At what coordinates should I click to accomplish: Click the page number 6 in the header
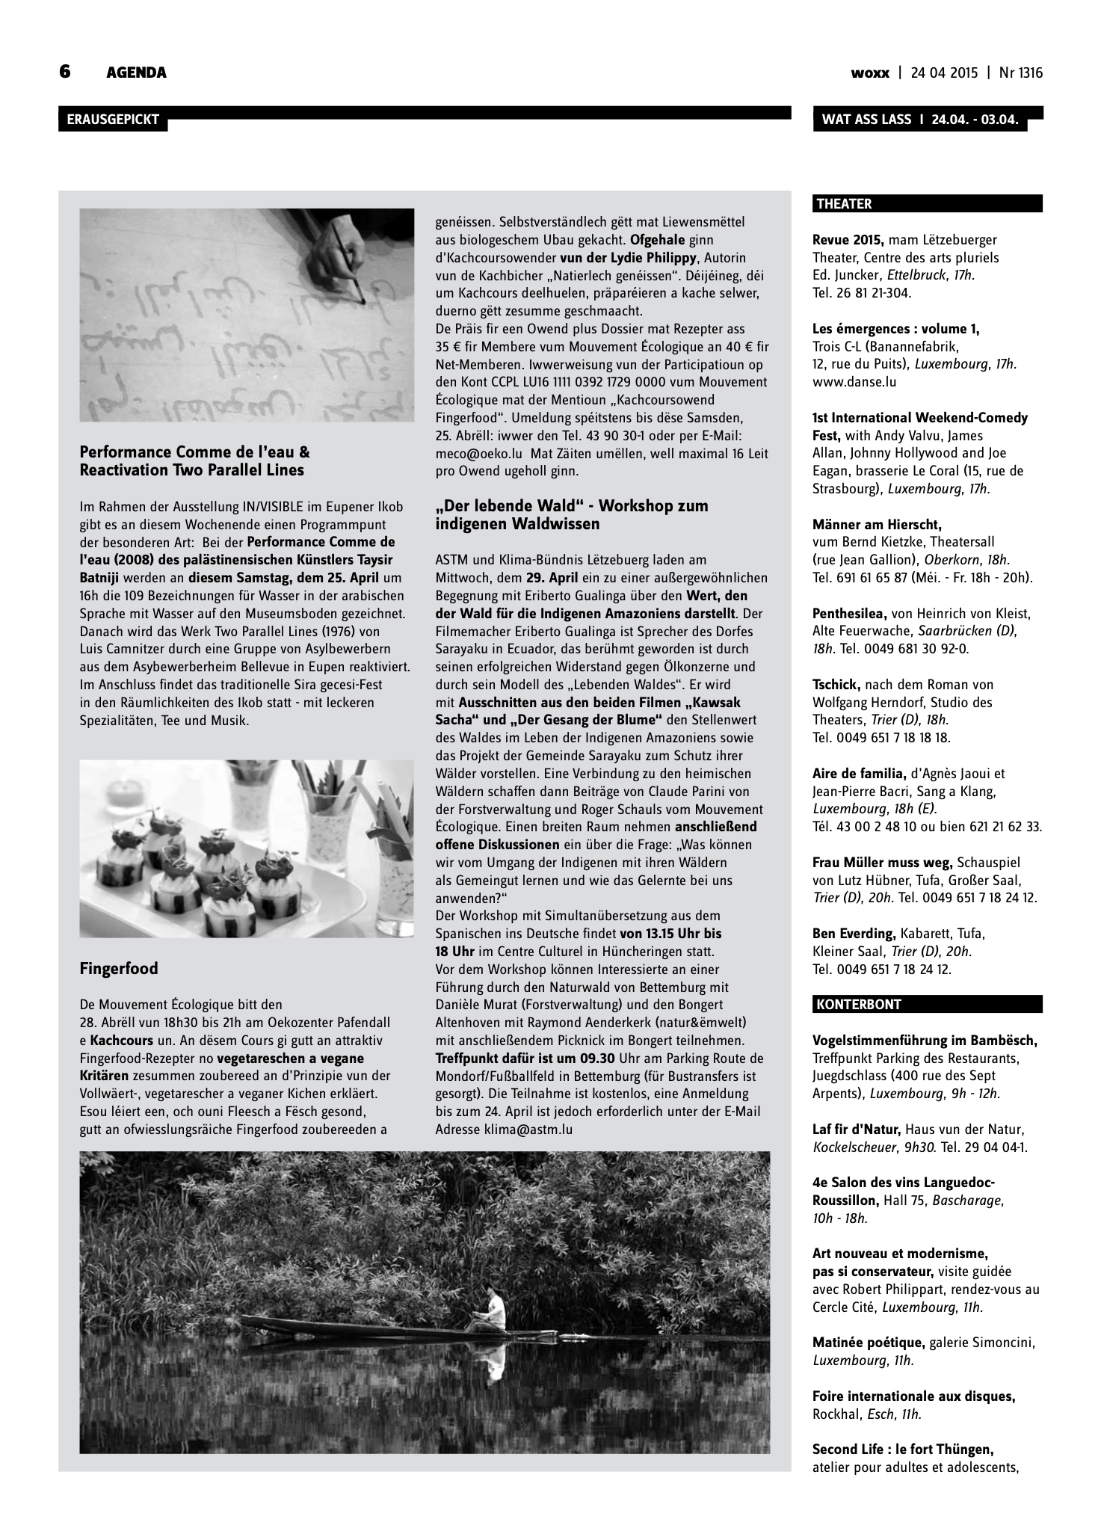(x=65, y=72)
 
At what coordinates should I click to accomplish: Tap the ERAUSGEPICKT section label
(x=113, y=120)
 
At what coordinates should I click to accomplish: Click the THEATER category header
(x=844, y=203)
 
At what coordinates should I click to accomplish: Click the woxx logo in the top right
(x=870, y=73)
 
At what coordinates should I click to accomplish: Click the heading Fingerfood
(x=119, y=969)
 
